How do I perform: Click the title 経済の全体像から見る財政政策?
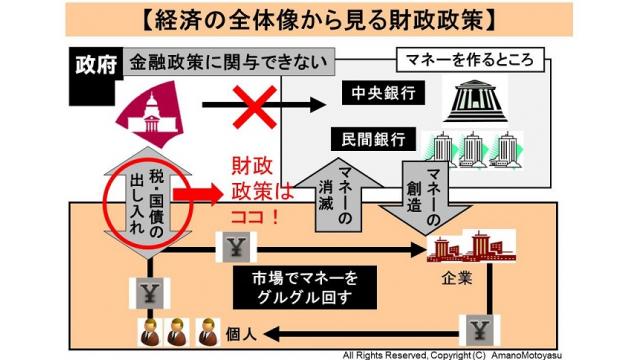pos(320,19)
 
